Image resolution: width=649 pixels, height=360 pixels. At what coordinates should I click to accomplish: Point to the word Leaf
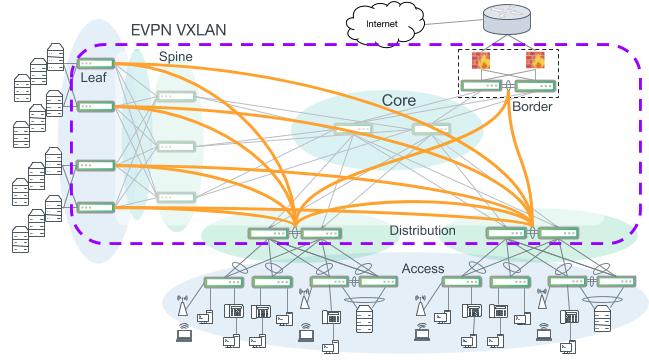(x=94, y=75)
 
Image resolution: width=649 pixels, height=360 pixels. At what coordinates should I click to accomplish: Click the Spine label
(x=177, y=58)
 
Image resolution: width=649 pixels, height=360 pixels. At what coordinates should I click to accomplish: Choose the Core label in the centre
(x=398, y=100)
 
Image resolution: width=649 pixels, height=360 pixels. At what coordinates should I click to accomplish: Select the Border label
(x=531, y=106)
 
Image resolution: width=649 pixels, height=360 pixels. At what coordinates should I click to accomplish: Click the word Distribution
(x=422, y=231)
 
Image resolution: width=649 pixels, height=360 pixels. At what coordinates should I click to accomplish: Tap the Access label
(x=423, y=269)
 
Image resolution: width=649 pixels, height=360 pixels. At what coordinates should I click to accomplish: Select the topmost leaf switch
(x=96, y=63)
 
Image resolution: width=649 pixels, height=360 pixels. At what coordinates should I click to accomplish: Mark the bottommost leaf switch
(x=96, y=207)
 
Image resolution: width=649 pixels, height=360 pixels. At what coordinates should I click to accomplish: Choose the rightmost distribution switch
(x=558, y=234)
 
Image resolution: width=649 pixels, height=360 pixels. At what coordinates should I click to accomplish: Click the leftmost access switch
(x=221, y=283)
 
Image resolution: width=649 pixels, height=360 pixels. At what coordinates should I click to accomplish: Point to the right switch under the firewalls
(x=535, y=85)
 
